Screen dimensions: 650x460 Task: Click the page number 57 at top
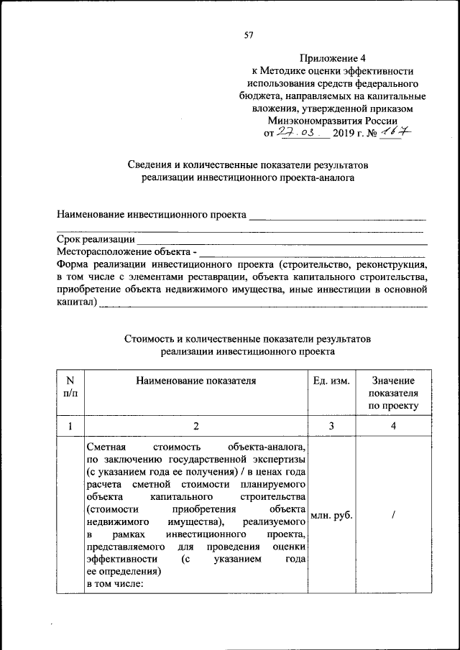(x=249, y=34)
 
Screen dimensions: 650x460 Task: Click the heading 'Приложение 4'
(x=331, y=58)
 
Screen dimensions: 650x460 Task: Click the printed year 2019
(x=344, y=134)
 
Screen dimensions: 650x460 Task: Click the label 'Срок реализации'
(x=96, y=239)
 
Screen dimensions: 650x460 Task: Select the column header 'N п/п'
(x=70, y=387)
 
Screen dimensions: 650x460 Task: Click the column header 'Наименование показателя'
(x=196, y=381)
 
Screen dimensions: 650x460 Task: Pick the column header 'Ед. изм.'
(x=331, y=381)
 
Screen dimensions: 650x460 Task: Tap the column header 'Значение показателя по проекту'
(x=393, y=393)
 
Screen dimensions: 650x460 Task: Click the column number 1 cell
(x=70, y=426)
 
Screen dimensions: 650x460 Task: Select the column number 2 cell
(x=196, y=426)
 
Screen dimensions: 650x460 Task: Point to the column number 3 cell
(x=331, y=426)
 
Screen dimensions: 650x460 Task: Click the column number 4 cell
(x=393, y=426)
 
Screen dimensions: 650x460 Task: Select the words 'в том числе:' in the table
(x=115, y=584)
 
